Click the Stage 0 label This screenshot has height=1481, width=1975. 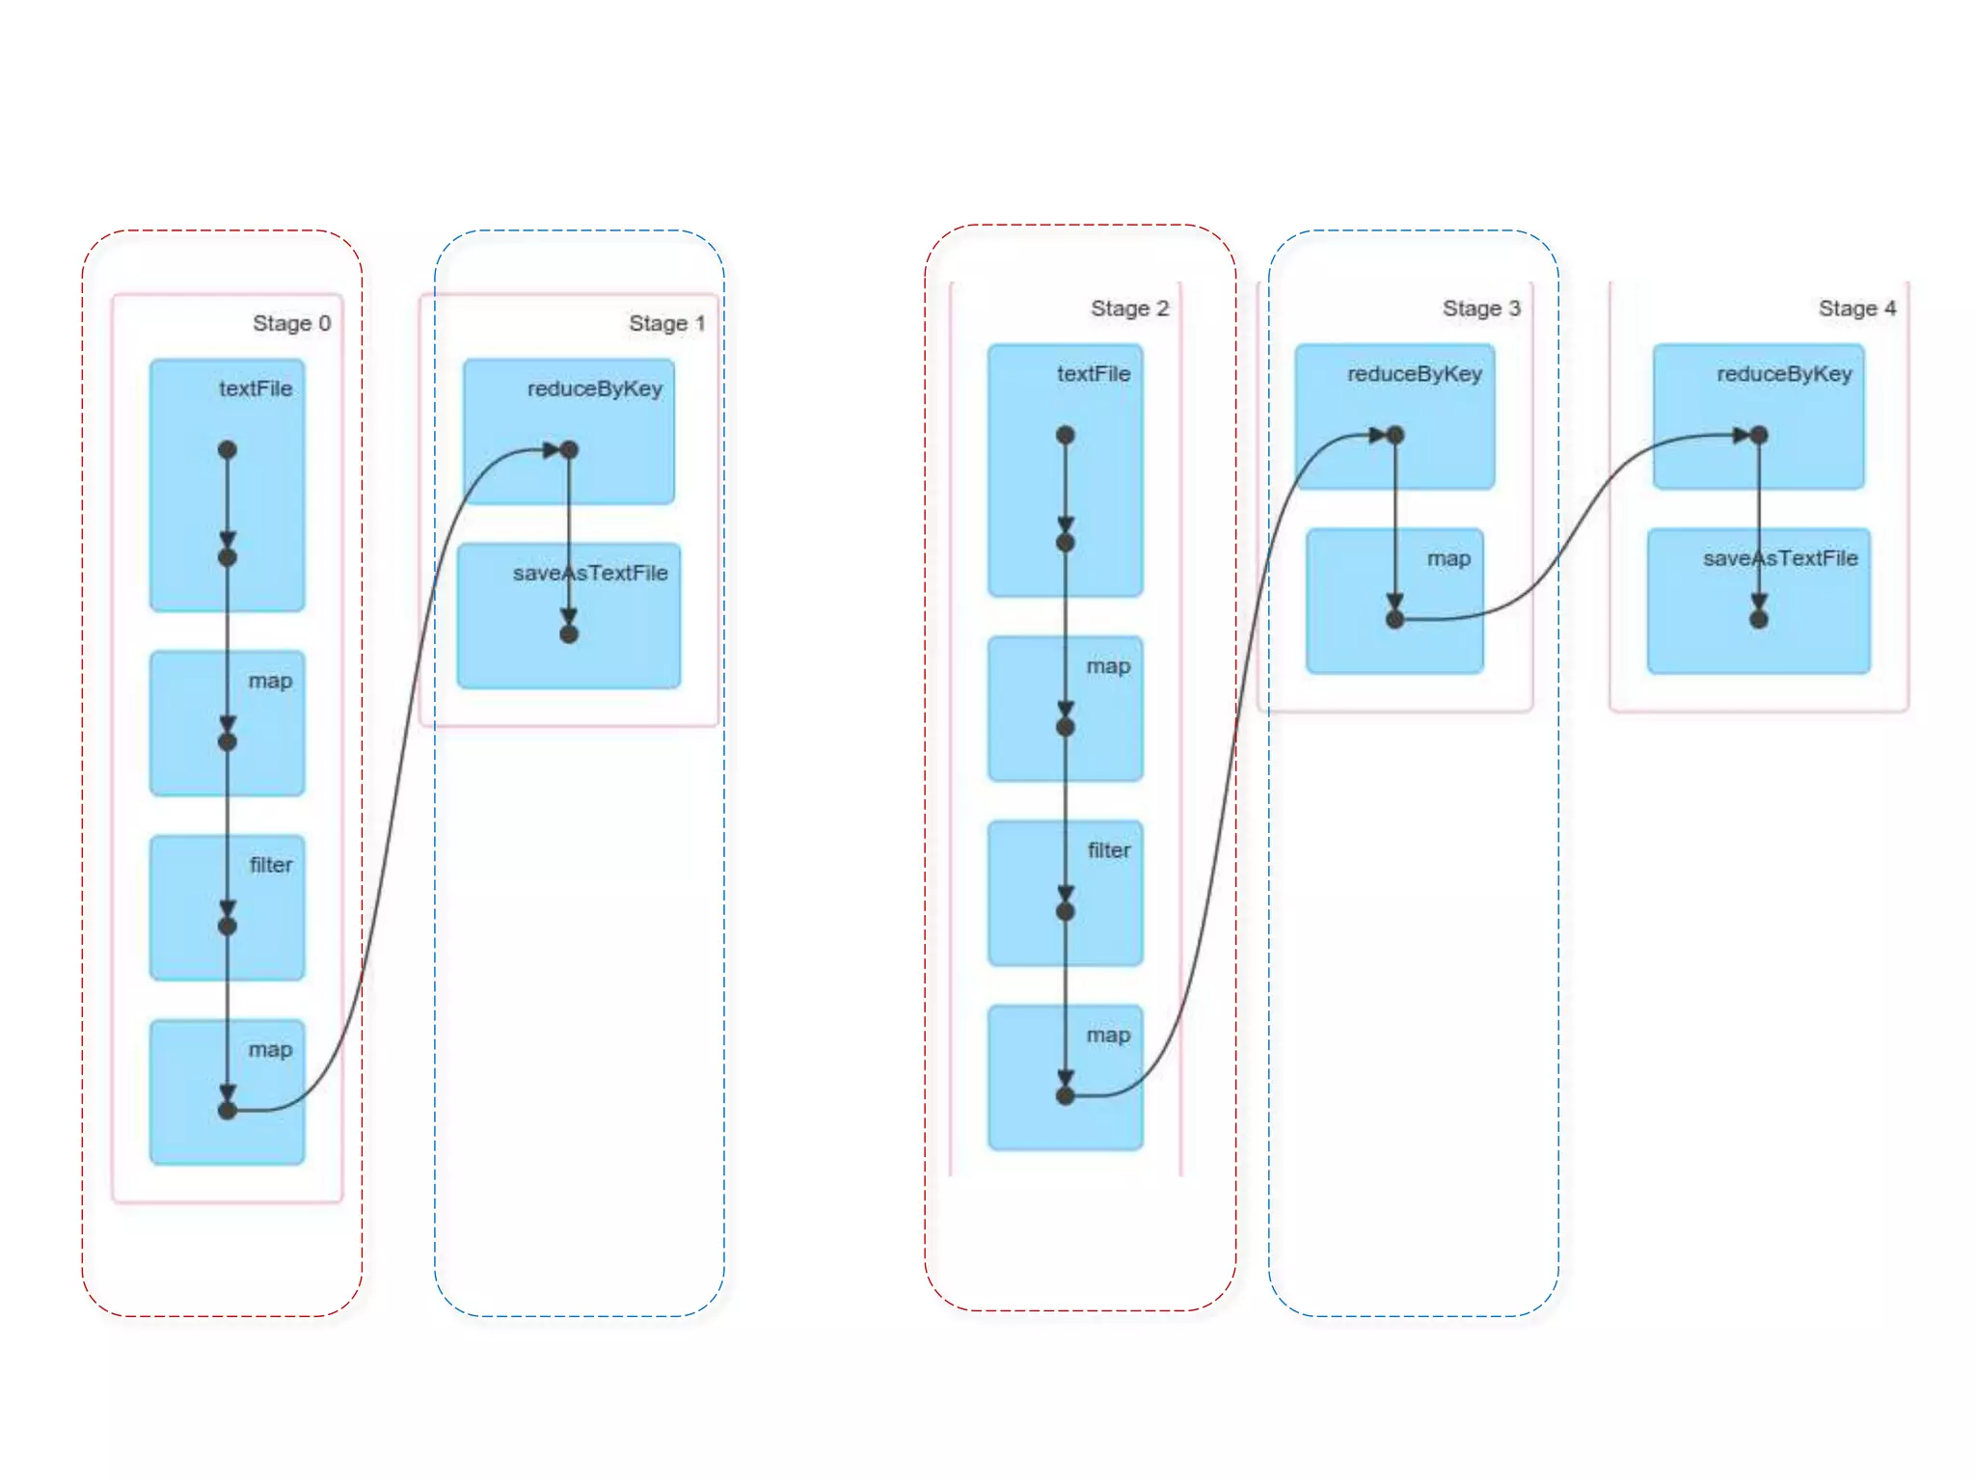(x=291, y=323)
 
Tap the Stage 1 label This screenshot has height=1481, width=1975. (x=666, y=323)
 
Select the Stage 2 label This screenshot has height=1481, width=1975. (x=1129, y=309)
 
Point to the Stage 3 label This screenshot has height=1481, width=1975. (x=1481, y=309)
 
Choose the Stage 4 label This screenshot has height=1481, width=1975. (x=1857, y=309)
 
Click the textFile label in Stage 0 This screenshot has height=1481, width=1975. (x=256, y=389)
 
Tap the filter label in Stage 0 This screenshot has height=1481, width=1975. (x=271, y=865)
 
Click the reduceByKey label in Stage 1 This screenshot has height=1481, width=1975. (x=595, y=389)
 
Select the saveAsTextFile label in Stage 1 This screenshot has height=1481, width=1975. (x=590, y=573)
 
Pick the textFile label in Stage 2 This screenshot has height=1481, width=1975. (x=1094, y=374)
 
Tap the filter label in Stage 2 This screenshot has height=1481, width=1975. (x=1109, y=850)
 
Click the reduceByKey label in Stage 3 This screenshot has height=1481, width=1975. (x=1415, y=374)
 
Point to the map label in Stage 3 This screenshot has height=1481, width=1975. (x=1448, y=558)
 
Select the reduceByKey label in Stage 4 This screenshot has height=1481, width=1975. (x=1784, y=374)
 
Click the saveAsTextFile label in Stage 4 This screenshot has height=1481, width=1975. (x=1780, y=558)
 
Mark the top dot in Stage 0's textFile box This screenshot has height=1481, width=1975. (x=228, y=449)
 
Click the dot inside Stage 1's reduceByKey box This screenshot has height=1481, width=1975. (x=569, y=449)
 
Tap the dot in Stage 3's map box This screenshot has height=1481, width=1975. (x=1394, y=619)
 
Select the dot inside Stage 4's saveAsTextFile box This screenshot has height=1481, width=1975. (x=1759, y=619)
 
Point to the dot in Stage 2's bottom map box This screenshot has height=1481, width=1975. (x=1066, y=1095)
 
